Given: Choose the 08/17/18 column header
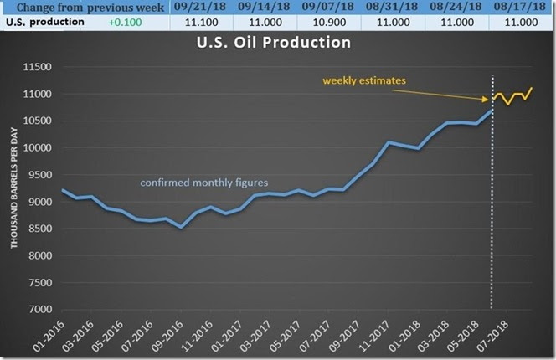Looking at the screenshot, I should (x=523, y=7).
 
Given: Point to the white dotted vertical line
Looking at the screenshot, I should (x=492, y=209).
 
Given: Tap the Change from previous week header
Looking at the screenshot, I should (x=85, y=7).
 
